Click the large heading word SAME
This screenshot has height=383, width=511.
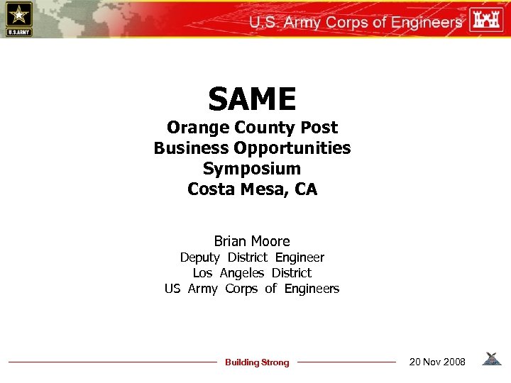[252, 99]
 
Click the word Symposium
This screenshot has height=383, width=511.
[252, 170]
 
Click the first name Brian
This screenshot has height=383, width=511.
[233, 241]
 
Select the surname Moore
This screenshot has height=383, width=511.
[273, 241]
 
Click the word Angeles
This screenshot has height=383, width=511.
[241, 273]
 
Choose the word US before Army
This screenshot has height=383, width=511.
[172, 289]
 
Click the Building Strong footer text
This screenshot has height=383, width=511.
[257, 362]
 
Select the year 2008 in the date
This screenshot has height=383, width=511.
[452, 362]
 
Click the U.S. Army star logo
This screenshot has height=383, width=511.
[18, 18]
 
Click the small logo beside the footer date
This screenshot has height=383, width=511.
[491, 360]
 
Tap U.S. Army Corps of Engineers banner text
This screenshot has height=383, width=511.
[355, 22]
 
